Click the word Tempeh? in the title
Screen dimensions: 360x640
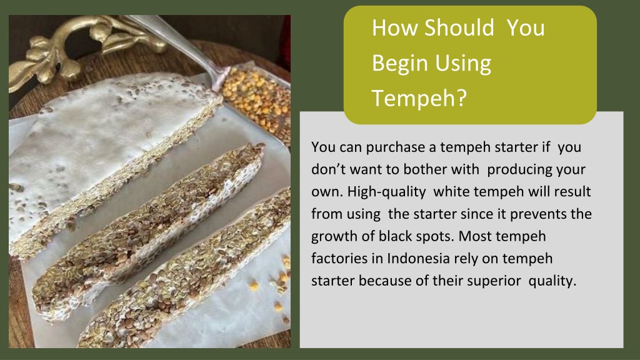click(419, 97)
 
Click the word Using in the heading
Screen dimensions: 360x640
click(463, 62)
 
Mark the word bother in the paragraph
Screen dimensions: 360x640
click(436, 169)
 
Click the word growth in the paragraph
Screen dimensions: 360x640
click(332, 236)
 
